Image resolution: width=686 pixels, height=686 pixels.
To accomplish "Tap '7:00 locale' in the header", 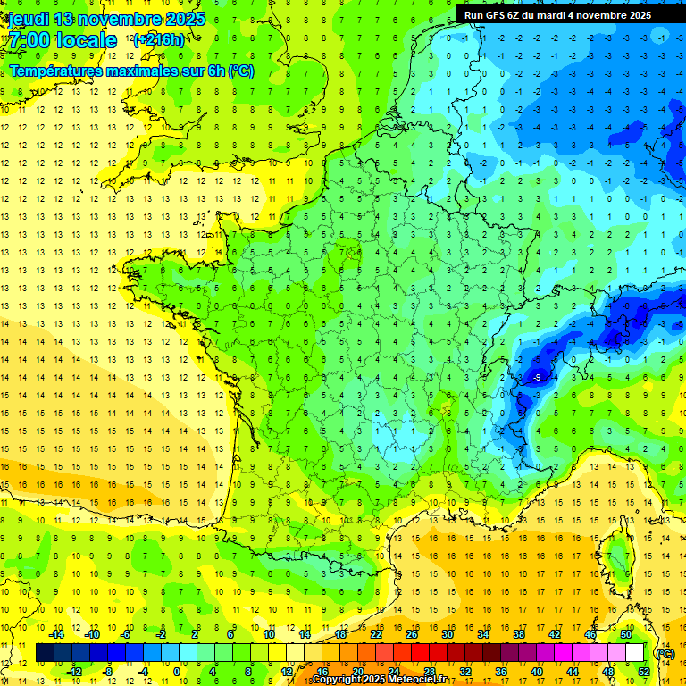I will [62, 40].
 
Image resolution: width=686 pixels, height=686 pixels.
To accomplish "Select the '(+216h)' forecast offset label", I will [159, 39].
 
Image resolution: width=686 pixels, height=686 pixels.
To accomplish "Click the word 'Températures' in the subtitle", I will [62, 71].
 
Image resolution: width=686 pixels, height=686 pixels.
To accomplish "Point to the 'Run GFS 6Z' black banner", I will [557, 15].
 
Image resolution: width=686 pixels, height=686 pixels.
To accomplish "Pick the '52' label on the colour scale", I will [643, 672].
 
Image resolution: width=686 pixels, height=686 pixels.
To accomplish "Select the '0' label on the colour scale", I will [177, 672].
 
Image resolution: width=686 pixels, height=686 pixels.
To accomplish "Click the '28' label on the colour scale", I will [429, 672].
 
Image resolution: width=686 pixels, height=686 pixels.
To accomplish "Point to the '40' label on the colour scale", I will [536, 672].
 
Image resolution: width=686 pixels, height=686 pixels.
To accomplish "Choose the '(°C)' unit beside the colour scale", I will [665, 654].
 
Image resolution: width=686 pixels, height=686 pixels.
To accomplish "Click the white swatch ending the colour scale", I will [634, 653].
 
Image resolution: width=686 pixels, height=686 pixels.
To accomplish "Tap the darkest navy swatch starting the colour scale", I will [45, 653].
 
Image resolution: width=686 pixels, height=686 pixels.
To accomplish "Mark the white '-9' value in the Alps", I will [536, 379].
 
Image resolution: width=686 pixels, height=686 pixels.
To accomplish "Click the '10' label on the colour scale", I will [268, 634].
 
